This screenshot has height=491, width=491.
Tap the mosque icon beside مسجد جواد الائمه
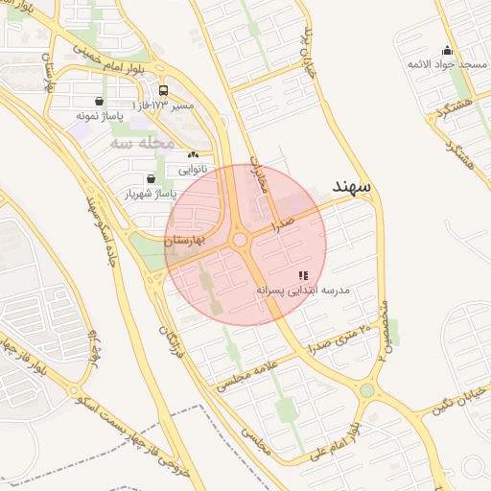[446, 51]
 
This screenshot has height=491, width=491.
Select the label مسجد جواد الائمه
[447, 64]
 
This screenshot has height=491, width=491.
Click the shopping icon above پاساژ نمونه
[100, 102]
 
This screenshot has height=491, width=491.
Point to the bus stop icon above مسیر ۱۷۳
[163, 89]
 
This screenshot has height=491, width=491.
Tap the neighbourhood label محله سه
[141, 143]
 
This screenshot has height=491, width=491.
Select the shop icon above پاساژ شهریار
[151, 178]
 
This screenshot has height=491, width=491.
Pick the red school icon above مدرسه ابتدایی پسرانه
[303, 275]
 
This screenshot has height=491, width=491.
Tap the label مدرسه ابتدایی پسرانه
[303, 289]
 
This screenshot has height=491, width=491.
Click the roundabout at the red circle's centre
[241, 240]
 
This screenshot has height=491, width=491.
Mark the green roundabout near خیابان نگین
[367, 390]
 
